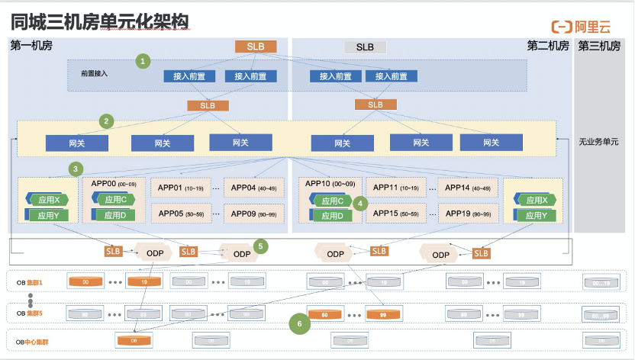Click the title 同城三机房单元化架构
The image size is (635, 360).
(x=99, y=21)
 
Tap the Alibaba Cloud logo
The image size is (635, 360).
(x=582, y=27)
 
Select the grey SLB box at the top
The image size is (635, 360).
(x=365, y=47)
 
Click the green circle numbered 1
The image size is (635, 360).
(x=143, y=59)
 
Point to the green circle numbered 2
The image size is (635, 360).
(x=108, y=121)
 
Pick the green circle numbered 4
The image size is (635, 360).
(x=361, y=204)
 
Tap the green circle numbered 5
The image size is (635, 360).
(x=260, y=246)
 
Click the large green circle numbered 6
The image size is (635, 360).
(x=300, y=324)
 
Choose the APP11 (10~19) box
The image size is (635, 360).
(x=395, y=188)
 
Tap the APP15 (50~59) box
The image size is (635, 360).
(x=395, y=214)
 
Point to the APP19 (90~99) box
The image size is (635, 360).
(x=468, y=214)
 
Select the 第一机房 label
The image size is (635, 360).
(x=31, y=46)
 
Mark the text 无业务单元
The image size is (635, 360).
(x=598, y=142)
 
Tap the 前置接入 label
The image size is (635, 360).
(x=95, y=74)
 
